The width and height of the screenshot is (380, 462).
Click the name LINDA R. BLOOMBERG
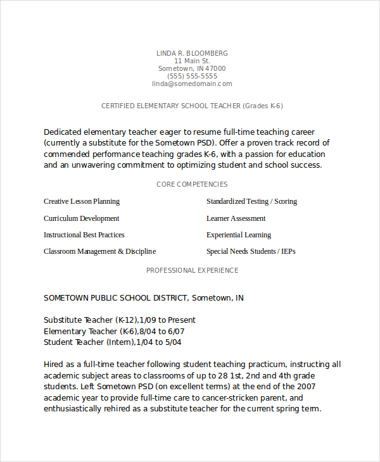(192, 53)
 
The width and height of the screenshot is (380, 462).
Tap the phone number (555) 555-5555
(192, 76)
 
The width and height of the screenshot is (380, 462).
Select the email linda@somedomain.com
(192, 84)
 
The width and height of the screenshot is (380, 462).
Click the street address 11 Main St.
(192, 61)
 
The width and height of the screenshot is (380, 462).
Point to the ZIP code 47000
(215, 68)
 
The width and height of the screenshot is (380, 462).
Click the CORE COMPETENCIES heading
(192, 184)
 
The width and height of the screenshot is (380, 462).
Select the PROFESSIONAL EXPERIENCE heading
(192, 270)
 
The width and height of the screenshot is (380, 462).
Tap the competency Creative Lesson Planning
(82, 201)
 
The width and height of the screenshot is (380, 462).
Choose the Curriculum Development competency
(82, 218)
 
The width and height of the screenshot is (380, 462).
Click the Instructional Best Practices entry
(84, 235)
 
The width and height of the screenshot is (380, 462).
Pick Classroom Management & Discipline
(99, 251)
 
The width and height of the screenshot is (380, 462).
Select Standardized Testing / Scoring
(251, 201)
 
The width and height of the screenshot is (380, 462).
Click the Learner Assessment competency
(236, 218)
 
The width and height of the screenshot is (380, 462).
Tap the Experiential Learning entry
(239, 235)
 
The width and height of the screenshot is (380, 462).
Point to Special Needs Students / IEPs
(251, 251)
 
